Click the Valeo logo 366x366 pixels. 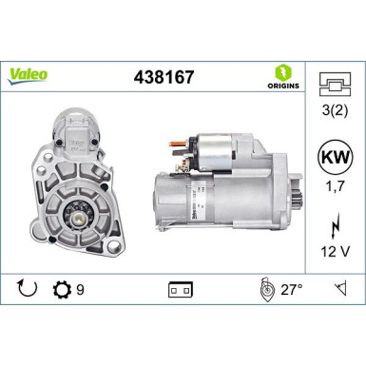[x=28, y=76]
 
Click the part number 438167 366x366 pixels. [x=164, y=77]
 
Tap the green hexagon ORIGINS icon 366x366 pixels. [x=283, y=72]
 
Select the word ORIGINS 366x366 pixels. [x=283, y=86]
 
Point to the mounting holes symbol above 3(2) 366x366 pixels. [x=335, y=84]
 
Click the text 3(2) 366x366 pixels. [x=335, y=110]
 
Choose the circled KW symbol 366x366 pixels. [x=336, y=157]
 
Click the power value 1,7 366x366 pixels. [x=336, y=186]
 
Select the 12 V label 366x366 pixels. [x=336, y=252]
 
